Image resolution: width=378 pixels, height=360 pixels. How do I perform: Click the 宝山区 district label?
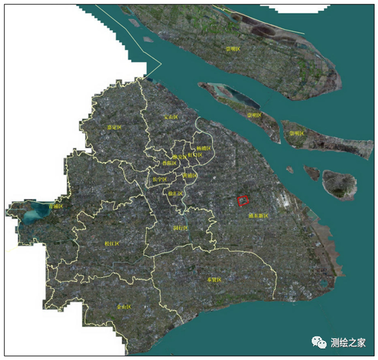tap(170, 117)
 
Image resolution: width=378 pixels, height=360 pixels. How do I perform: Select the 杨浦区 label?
tap(204, 148)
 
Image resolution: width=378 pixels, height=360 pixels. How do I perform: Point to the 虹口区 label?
tap(194, 155)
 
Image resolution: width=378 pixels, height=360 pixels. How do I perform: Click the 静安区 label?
tap(179, 156)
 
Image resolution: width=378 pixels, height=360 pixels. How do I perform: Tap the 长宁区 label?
tap(160, 179)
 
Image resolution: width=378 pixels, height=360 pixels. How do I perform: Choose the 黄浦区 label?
tap(190, 175)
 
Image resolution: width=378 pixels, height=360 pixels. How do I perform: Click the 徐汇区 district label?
tap(175, 194)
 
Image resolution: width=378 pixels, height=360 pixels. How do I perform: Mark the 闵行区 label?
tap(181, 228)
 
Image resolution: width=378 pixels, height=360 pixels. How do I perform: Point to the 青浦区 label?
tap(56, 206)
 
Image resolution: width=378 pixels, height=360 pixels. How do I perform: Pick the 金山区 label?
tap(124, 307)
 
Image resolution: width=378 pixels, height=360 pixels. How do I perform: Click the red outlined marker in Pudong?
tap(244, 200)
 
